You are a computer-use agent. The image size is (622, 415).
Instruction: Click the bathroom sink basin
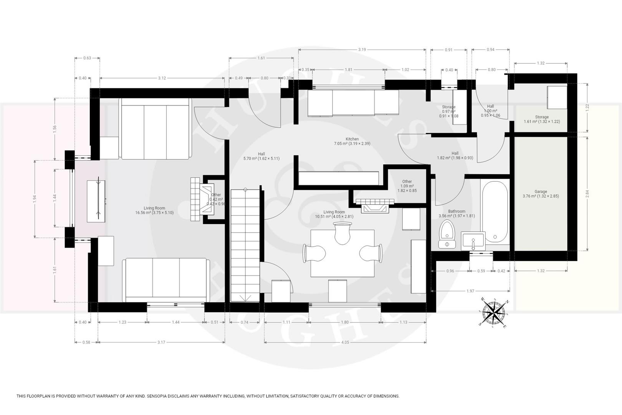click(473, 241)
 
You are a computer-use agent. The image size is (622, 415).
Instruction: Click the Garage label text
click(541, 192)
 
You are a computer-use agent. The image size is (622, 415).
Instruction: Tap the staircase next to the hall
click(245, 246)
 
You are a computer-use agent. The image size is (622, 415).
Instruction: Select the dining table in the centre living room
click(342, 253)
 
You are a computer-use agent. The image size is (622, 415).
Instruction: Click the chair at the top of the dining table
click(342, 233)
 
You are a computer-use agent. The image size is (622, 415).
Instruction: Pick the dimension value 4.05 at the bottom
click(344, 342)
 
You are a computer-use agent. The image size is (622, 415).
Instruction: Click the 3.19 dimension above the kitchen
click(362, 50)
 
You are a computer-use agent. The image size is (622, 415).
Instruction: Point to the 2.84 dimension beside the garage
click(587, 193)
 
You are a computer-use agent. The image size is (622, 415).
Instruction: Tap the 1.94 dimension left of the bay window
click(35, 198)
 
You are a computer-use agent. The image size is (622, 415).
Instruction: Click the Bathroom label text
click(457, 211)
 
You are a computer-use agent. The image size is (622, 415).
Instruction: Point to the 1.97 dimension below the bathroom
click(470, 291)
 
